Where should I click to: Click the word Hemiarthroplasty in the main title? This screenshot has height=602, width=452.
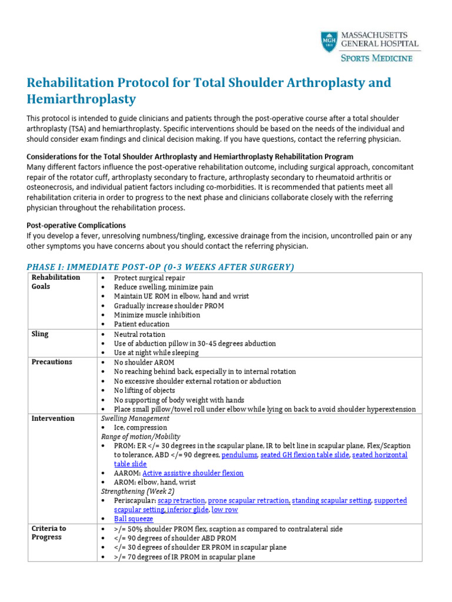pyautogui.click(x=81, y=99)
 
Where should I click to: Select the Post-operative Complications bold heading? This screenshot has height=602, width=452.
pyautogui.click(x=76, y=225)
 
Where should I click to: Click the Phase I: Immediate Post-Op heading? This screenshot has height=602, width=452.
pyautogui.click(x=160, y=267)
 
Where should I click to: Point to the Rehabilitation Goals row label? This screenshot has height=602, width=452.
pyautogui.click(x=56, y=282)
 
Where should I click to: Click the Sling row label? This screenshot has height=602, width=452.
pyautogui.click(x=40, y=334)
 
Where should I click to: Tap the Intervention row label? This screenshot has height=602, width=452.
pyautogui.click(x=53, y=419)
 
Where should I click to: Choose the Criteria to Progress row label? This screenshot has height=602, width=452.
pyautogui.click(x=49, y=533)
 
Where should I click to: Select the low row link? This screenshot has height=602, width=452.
pyautogui.click(x=225, y=510)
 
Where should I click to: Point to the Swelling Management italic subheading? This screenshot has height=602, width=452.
pyautogui.click(x=135, y=419)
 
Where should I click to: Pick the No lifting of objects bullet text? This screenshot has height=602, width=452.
pyautogui.click(x=144, y=390)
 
